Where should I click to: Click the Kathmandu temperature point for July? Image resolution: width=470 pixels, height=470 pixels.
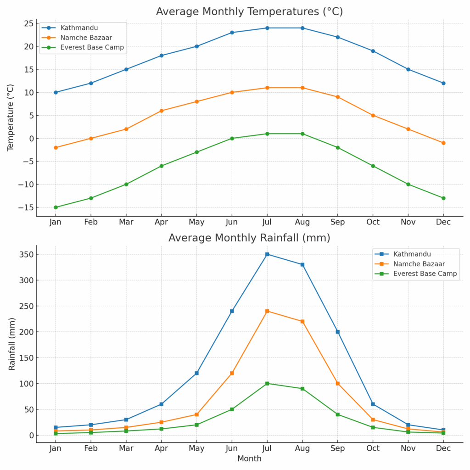tap(267, 28)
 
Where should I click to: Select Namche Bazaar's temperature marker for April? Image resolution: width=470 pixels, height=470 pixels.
tap(162, 111)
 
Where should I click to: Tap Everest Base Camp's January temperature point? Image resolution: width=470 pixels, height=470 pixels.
tap(56, 207)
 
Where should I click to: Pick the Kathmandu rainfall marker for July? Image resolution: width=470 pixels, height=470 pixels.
tap(267, 254)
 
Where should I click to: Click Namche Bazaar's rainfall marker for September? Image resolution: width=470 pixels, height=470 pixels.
tap(337, 383)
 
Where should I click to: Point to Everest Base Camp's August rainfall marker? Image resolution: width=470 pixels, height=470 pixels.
tap(302, 388)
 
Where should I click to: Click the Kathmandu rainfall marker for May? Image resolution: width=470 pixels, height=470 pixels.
tap(196, 373)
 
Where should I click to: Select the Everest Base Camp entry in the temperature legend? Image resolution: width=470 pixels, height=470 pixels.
tap(92, 47)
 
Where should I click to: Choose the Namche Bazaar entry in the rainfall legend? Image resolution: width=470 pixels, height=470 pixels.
tap(419, 264)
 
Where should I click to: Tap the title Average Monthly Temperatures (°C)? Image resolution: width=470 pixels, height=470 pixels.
tap(249, 11)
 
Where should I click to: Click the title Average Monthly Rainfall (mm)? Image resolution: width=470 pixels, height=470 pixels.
tap(249, 238)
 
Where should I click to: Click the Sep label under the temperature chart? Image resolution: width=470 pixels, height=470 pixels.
tap(337, 222)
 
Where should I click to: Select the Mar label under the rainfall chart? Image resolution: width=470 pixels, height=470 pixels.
tap(126, 448)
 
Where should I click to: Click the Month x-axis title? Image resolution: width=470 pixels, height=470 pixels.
tap(249, 459)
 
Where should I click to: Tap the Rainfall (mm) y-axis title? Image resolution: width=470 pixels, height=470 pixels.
tap(12, 344)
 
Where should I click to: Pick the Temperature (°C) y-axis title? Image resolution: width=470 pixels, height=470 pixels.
tap(11, 117)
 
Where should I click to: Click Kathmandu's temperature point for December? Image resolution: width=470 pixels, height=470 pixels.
tap(443, 83)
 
